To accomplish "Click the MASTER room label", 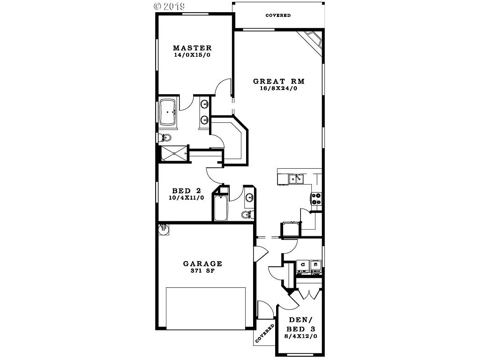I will (x=192, y=48).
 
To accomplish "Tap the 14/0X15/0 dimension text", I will (x=192, y=55).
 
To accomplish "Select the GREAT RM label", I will (x=279, y=81).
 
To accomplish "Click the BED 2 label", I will (x=187, y=191).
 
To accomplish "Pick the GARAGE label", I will (x=202, y=264).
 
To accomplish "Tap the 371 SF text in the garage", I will (x=202, y=271).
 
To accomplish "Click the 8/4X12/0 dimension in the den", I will (x=300, y=336).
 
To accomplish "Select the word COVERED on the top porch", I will (x=278, y=15).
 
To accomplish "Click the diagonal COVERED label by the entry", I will (x=265, y=333).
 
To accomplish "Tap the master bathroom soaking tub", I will (x=167, y=112).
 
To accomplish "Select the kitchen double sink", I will (x=296, y=178).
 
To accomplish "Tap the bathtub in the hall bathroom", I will (x=220, y=207).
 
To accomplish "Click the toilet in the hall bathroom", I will (x=247, y=214).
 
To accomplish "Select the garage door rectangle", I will (x=206, y=307).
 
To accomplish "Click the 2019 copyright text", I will (x=169, y=6).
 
